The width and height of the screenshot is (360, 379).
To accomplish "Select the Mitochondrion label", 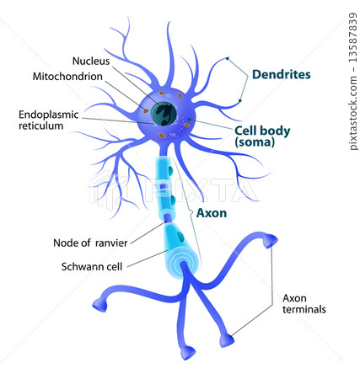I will [67, 76].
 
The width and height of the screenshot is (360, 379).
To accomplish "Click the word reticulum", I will [42, 125].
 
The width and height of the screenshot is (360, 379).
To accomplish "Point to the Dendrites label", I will [281, 74].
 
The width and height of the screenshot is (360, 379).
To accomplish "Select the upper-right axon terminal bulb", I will [270, 243].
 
